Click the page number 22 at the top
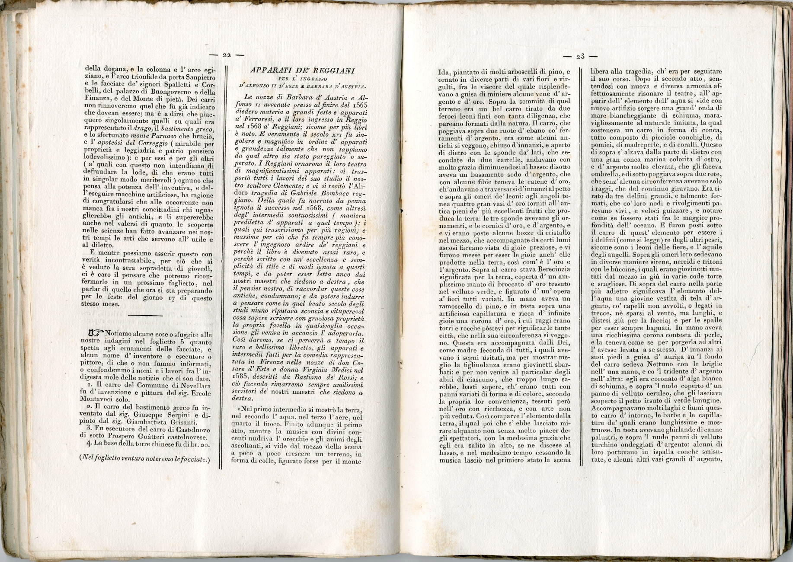pos(227,55)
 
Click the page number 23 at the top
pos(580,56)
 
